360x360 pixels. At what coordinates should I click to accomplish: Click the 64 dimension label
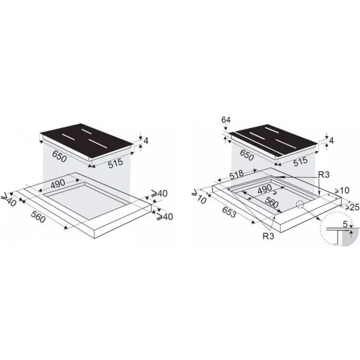pyautogui.click(x=226, y=120)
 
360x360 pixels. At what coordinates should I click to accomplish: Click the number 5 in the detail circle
pyautogui.click(x=345, y=224)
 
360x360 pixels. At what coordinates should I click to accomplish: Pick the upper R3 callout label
pyautogui.click(x=323, y=175)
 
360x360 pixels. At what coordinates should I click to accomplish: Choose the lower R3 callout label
pyautogui.click(x=268, y=236)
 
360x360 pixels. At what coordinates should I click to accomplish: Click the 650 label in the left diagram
pyautogui.click(x=59, y=156)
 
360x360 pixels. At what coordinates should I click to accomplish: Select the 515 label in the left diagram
pyautogui.click(x=116, y=163)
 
